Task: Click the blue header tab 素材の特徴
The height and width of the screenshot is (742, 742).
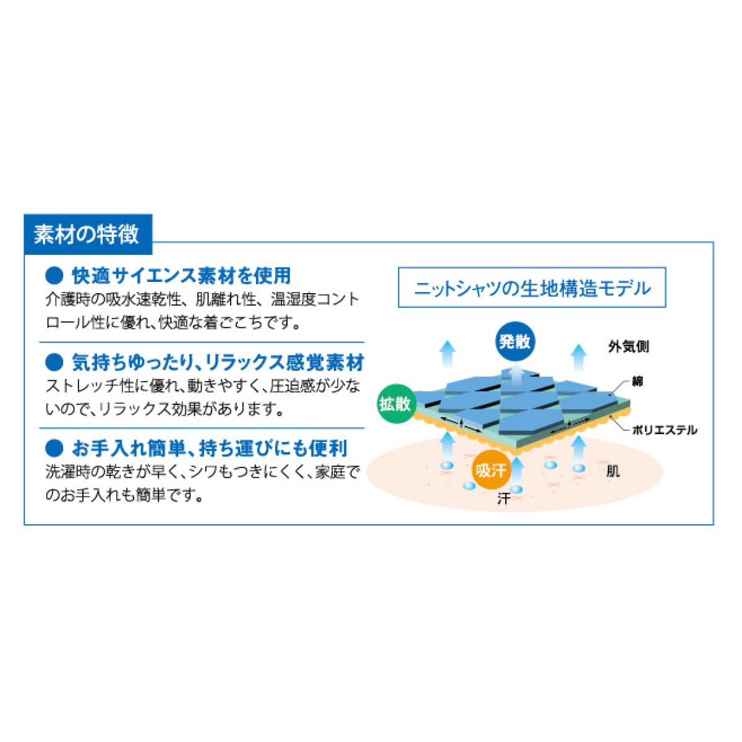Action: click(88, 234)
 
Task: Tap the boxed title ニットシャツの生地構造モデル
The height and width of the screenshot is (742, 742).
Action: click(532, 288)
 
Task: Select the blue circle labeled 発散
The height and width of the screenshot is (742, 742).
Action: click(515, 341)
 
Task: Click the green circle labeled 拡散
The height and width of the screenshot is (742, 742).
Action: click(395, 404)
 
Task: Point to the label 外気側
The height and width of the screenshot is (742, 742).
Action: click(628, 346)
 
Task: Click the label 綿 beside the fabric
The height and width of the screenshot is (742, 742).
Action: click(638, 382)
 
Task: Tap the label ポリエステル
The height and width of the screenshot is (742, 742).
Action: click(665, 430)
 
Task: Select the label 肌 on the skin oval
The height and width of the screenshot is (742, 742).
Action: click(613, 471)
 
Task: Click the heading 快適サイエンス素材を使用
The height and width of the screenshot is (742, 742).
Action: click(181, 275)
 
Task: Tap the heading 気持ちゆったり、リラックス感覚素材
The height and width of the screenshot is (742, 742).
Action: click(218, 362)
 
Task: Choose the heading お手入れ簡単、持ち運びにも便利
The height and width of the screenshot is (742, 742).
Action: click(210, 448)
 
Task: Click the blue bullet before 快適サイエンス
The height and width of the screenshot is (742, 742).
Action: click(54, 276)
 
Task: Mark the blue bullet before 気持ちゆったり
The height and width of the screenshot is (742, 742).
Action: click(54, 362)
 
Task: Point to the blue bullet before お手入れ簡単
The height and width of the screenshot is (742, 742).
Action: click(54, 448)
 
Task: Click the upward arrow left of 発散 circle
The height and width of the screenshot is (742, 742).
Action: click(448, 354)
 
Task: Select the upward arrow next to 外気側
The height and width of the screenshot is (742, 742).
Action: click(578, 357)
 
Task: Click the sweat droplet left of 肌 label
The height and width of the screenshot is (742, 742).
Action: click(578, 468)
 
